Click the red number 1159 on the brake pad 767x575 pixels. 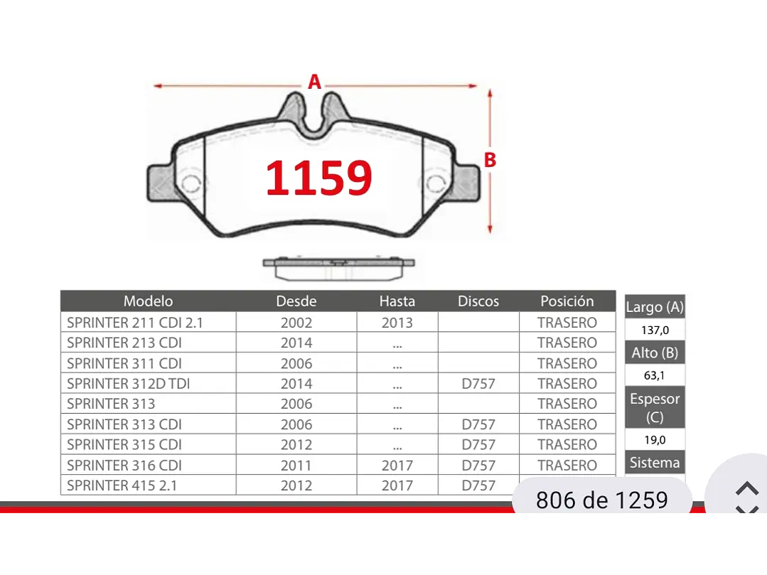coord(318,178)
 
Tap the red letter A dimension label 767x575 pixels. coord(314,82)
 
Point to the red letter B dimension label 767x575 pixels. coord(490,161)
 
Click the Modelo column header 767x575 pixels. coord(148,301)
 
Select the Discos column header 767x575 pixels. coord(478,301)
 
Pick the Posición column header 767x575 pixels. coord(567,301)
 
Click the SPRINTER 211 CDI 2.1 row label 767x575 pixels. coord(135,323)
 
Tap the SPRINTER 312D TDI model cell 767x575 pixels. coord(128,384)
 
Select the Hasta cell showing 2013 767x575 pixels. coord(397,323)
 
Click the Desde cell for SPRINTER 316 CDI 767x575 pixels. coord(296,466)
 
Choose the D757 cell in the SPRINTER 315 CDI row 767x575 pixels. coord(478,445)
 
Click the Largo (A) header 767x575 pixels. coord(655,308)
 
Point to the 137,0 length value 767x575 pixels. coord(655,331)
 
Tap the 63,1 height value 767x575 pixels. coord(655,375)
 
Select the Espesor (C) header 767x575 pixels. coord(655,407)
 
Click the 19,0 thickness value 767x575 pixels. coord(655,440)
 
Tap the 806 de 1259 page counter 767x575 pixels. coord(602,500)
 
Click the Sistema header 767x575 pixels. coord(655,463)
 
